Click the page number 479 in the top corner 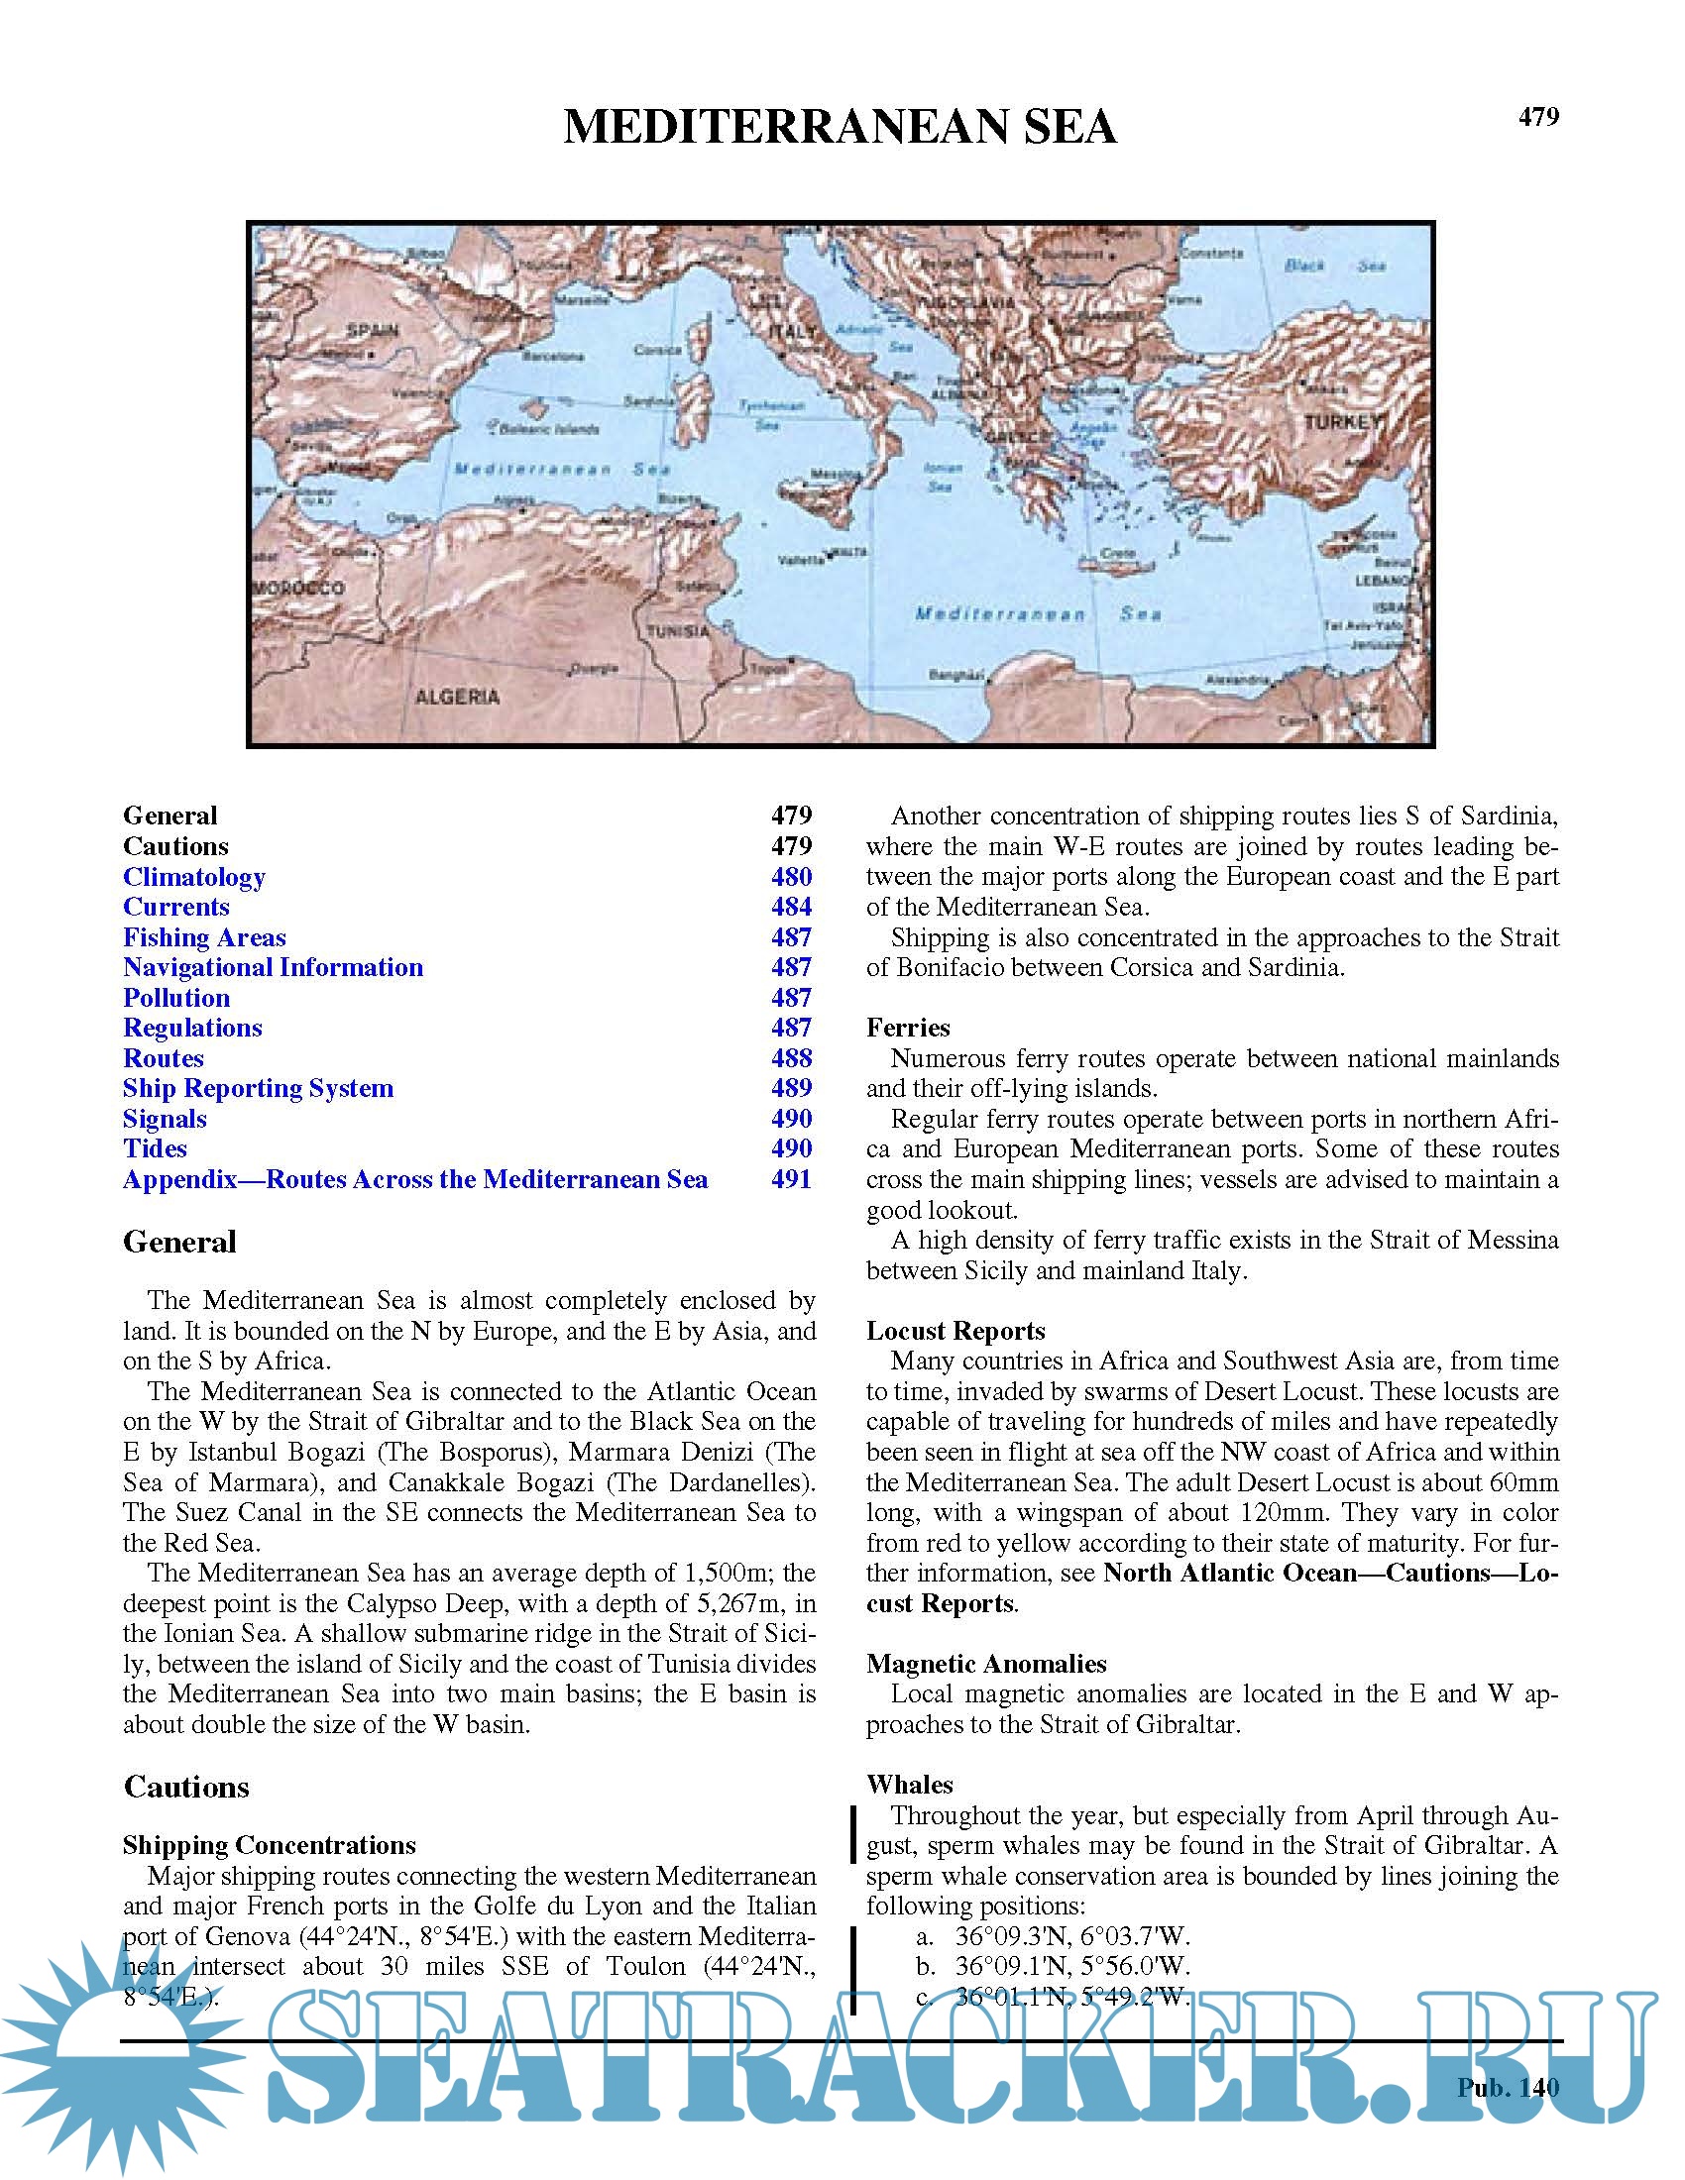(1537, 118)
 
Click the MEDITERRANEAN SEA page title (840, 128)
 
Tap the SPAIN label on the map (372, 330)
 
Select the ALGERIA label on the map (457, 697)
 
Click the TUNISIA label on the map (678, 631)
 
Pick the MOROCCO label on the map (298, 588)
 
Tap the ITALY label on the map (793, 331)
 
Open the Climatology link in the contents (193, 877)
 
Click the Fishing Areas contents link (203, 938)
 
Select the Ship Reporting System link (258, 1089)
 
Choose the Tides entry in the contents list (155, 1148)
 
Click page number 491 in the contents (791, 1180)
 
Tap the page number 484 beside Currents (791, 908)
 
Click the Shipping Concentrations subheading (269, 1846)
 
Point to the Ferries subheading (907, 1029)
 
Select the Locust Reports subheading (955, 1331)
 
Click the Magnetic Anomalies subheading (985, 1664)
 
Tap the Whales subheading (908, 1785)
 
